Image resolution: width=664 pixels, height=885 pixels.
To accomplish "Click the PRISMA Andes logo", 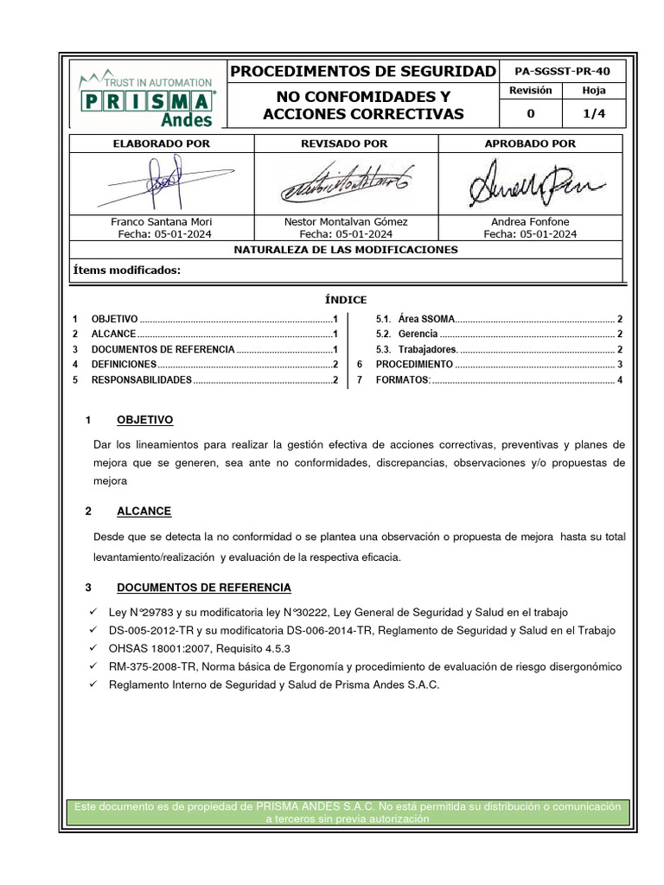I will pos(146,96).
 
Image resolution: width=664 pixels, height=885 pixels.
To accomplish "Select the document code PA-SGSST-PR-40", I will pos(561,72).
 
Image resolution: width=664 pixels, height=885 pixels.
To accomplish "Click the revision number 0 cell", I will pos(530,113).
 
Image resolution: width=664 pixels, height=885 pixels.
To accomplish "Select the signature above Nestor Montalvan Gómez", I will pos(347,183).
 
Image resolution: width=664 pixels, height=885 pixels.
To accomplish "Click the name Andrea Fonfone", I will pos(530,221).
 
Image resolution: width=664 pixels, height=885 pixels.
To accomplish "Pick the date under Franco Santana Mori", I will pos(164,233).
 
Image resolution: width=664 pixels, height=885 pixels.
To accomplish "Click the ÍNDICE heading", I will pos(346,300).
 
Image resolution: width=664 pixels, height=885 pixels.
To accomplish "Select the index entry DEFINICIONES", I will pos(124,365).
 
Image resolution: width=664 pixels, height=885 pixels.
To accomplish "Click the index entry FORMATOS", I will pos(403,380).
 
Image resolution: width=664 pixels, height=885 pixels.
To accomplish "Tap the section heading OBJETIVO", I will pos(144,420).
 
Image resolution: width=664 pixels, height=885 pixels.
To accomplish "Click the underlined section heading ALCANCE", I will pos(144,511).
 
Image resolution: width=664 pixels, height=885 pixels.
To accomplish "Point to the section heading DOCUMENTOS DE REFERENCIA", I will pos(204,588).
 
